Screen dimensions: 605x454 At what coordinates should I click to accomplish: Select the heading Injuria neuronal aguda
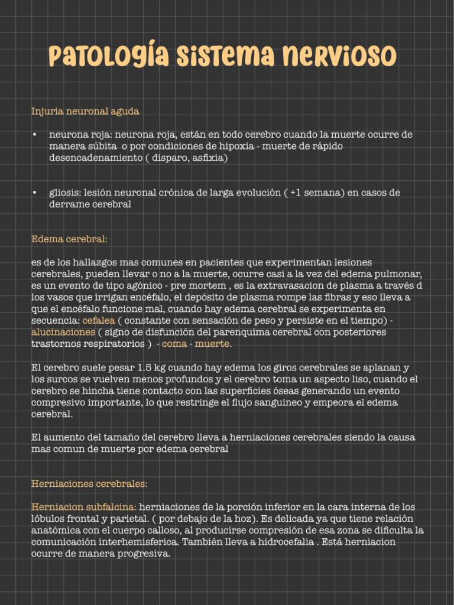pos(85,110)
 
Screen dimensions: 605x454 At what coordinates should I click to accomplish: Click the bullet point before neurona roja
pos(35,135)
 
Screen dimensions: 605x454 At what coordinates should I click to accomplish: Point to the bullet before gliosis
pos(35,193)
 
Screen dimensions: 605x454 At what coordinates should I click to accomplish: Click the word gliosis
pos(65,193)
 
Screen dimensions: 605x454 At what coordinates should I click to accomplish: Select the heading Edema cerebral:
pos(69,239)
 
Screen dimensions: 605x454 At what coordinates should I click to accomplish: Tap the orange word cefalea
pos(99,320)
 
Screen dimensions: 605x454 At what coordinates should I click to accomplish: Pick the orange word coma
pos(174,344)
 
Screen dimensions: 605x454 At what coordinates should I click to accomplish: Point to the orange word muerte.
pos(213,344)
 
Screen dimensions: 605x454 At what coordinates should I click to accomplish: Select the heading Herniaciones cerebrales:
pos(89,483)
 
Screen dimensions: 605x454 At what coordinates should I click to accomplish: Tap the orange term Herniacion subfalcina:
pos(84,507)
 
